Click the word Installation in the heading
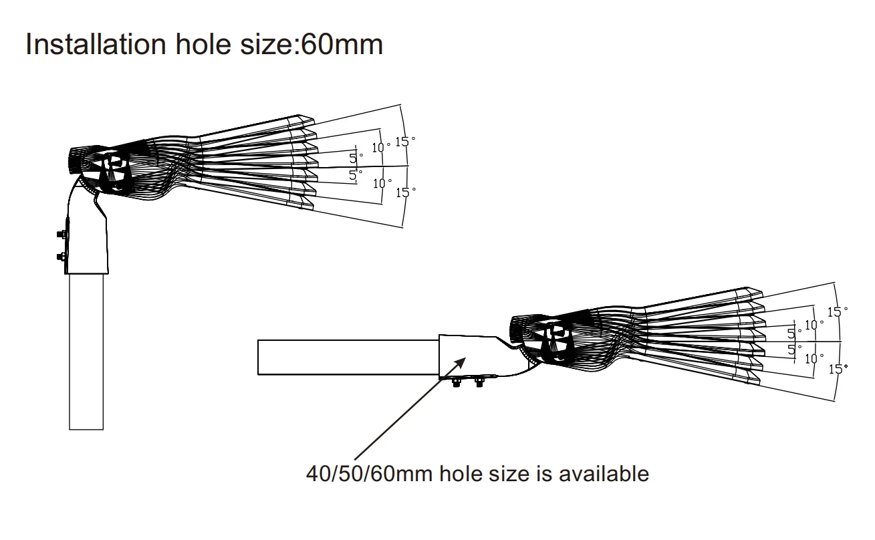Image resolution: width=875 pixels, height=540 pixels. pyautogui.click(x=96, y=44)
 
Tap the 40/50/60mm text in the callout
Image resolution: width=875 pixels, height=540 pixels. pyautogui.click(x=351, y=474)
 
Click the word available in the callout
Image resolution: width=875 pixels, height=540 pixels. pyautogui.click(x=603, y=474)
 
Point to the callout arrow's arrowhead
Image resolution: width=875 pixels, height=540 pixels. pyautogui.click(x=461, y=361)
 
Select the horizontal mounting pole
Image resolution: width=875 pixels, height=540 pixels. pyautogui.click(x=348, y=357)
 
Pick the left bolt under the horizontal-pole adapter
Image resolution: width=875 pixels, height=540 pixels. pyautogui.click(x=457, y=383)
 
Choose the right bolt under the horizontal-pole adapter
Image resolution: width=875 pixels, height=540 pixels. pyautogui.click(x=479, y=383)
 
